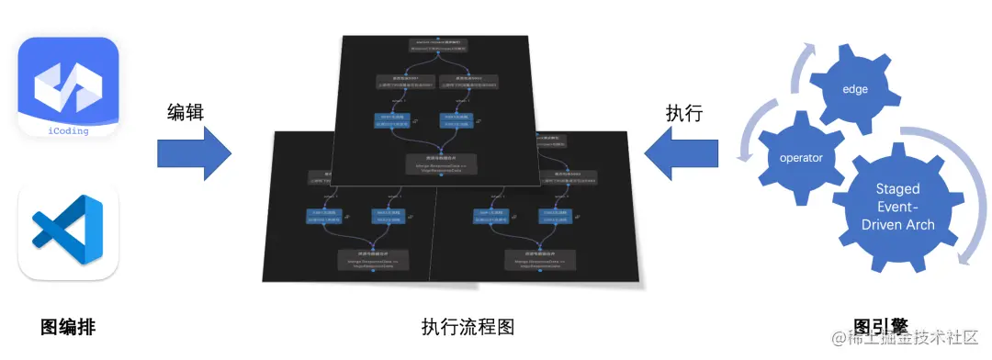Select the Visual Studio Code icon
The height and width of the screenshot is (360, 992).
point(69,231)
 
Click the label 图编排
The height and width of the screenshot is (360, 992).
point(69,327)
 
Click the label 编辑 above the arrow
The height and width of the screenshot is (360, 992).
point(185,112)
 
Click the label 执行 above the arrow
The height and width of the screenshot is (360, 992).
point(683,112)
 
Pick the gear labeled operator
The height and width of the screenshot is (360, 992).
point(801,158)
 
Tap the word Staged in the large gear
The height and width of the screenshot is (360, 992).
point(897,188)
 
